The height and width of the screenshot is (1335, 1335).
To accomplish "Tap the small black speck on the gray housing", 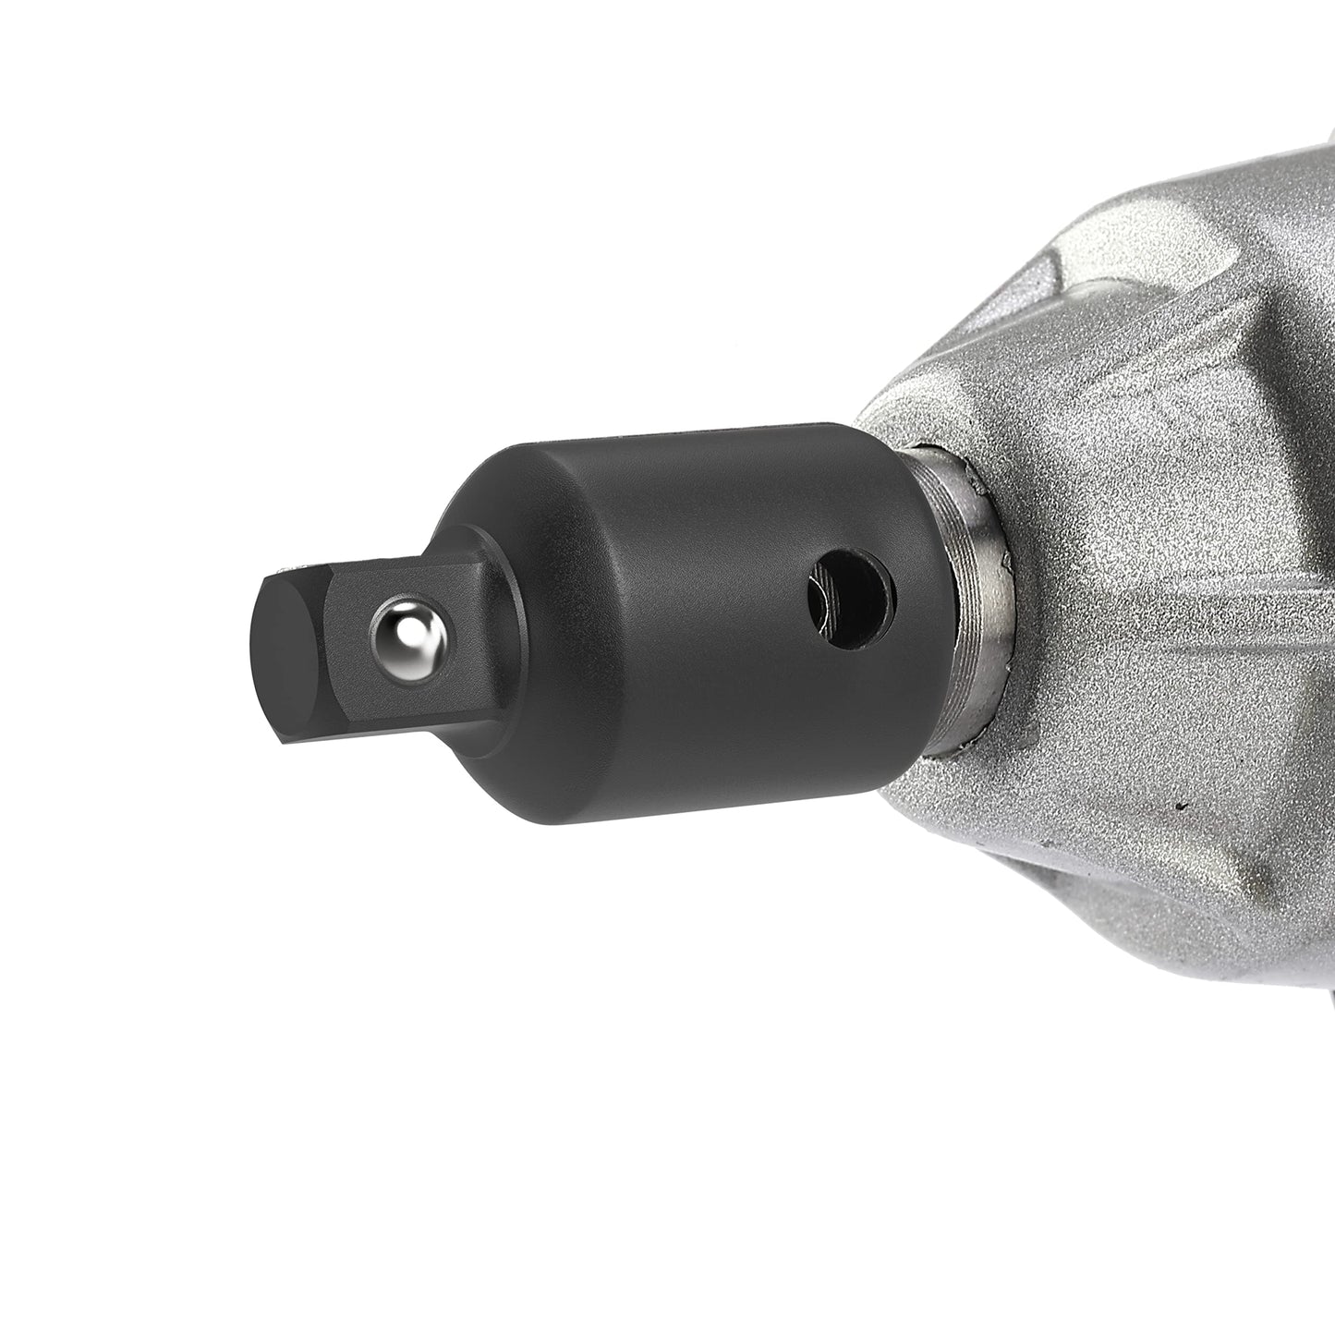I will pos(1180,806).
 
